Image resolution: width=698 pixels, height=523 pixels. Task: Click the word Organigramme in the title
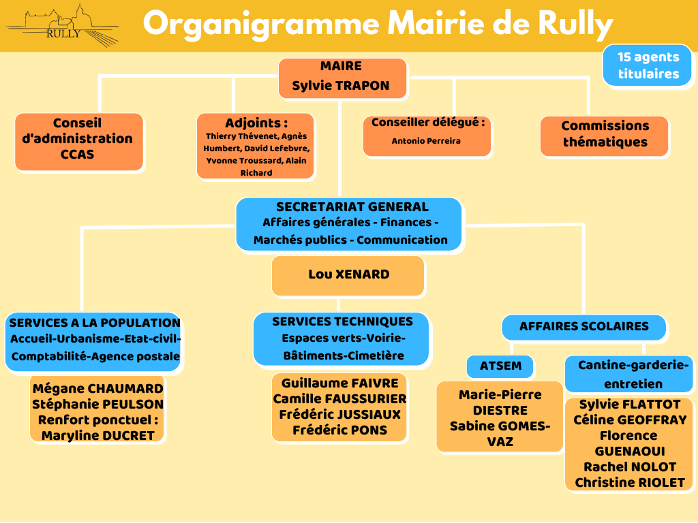coord(261,24)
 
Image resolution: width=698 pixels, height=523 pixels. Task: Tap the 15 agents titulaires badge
coord(647,65)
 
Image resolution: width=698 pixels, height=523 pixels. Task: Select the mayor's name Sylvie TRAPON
coord(341,85)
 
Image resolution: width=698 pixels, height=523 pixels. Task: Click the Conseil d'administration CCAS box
coord(79,142)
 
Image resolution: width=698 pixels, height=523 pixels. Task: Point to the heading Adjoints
coord(256,123)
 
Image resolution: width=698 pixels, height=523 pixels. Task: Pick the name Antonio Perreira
coord(426,141)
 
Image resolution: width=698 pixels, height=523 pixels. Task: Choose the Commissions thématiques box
coord(605,136)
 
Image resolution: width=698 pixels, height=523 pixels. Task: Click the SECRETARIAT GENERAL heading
coord(352,207)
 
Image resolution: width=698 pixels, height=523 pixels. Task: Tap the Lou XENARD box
coord(348,275)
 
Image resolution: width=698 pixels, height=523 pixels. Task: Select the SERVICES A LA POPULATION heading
coord(95,322)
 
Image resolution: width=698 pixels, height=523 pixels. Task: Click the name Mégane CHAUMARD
coord(98,388)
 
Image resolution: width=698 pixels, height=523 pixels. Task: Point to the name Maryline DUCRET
coord(98,435)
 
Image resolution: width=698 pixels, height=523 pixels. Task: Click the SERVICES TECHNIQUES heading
coord(343,321)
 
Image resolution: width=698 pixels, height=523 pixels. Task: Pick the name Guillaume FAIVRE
coord(339,383)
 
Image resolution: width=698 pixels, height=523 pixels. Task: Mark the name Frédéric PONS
coord(339,430)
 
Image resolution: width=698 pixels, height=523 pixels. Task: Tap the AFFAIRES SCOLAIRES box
coord(583,328)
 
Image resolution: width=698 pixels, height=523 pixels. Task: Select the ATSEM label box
coord(500,366)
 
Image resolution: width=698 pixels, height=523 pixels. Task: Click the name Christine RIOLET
coord(629,483)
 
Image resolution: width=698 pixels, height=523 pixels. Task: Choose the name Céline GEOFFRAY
coord(629,419)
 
